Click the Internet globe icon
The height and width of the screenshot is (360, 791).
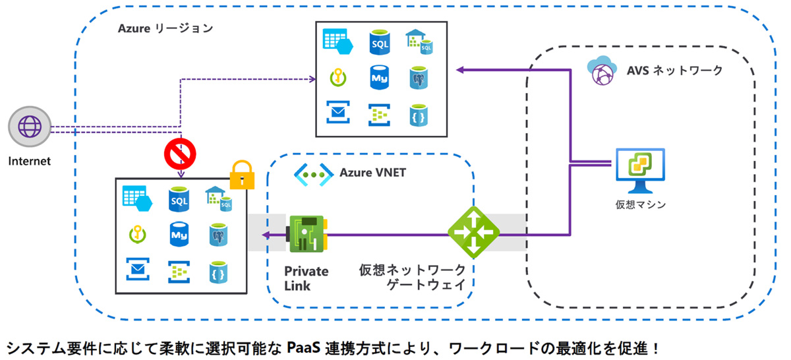tap(30, 127)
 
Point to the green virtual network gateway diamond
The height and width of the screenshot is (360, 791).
tap(474, 232)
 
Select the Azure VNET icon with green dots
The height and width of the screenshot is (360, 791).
tap(312, 173)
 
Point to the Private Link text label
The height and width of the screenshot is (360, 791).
tap(307, 278)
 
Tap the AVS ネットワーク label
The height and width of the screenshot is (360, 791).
tap(674, 70)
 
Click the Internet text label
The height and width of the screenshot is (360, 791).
tap(30, 160)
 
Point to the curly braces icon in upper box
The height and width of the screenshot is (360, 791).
tap(416, 113)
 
